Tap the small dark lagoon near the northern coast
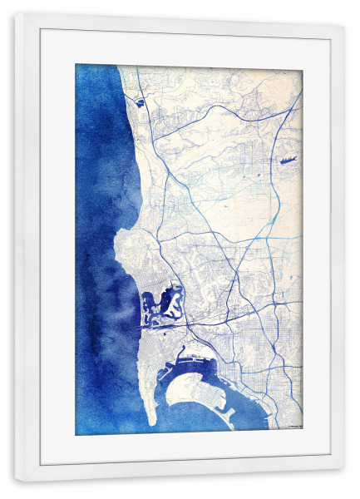tap(138, 103)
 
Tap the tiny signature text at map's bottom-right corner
tap(293, 426)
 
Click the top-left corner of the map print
tap(76, 65)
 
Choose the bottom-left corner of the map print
tap(76, 435)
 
